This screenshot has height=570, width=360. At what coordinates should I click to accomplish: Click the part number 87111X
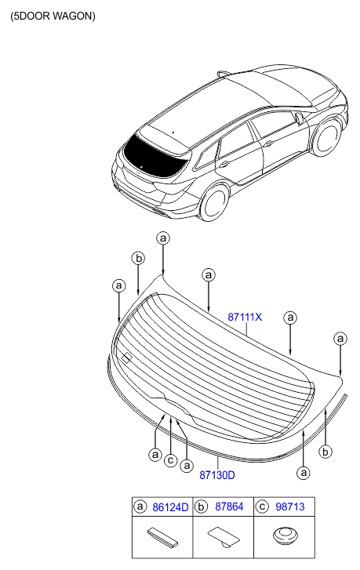(x=245, y=317)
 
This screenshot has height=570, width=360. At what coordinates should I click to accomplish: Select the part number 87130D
(x=217, y=475)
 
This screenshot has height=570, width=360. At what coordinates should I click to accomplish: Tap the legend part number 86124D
(x=170, y=507)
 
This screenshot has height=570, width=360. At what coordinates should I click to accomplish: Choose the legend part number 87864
(x=229, y=506)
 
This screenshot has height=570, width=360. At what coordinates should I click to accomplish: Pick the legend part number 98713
(x=290, y=506)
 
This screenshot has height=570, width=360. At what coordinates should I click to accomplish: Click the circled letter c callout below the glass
(x=170, y=460)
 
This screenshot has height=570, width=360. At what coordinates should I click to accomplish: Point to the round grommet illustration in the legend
(x=285, y=536)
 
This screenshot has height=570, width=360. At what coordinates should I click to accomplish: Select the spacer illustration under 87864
(x=224, y=536)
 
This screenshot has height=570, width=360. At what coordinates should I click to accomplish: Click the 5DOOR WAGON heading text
(x=53, y=16)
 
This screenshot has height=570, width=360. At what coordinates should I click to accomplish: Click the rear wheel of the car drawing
(x=215, y=201)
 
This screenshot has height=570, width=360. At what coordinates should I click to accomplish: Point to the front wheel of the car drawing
(x=326, y=137)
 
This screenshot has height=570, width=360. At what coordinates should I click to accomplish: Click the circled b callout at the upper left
(x=138, y=259)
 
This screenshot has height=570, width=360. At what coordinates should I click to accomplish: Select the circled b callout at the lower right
(x=325, y=452)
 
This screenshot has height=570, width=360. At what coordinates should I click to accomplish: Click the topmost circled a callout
(x=163, y=238)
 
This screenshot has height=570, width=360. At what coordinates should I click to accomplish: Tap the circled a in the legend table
(x=140, y=506)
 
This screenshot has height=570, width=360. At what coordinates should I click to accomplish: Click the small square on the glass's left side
(x=126, y=358)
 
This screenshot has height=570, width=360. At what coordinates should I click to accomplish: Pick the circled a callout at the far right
(x=340, y=339)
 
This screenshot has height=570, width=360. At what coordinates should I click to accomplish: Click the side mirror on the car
(x=299, y=118)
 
